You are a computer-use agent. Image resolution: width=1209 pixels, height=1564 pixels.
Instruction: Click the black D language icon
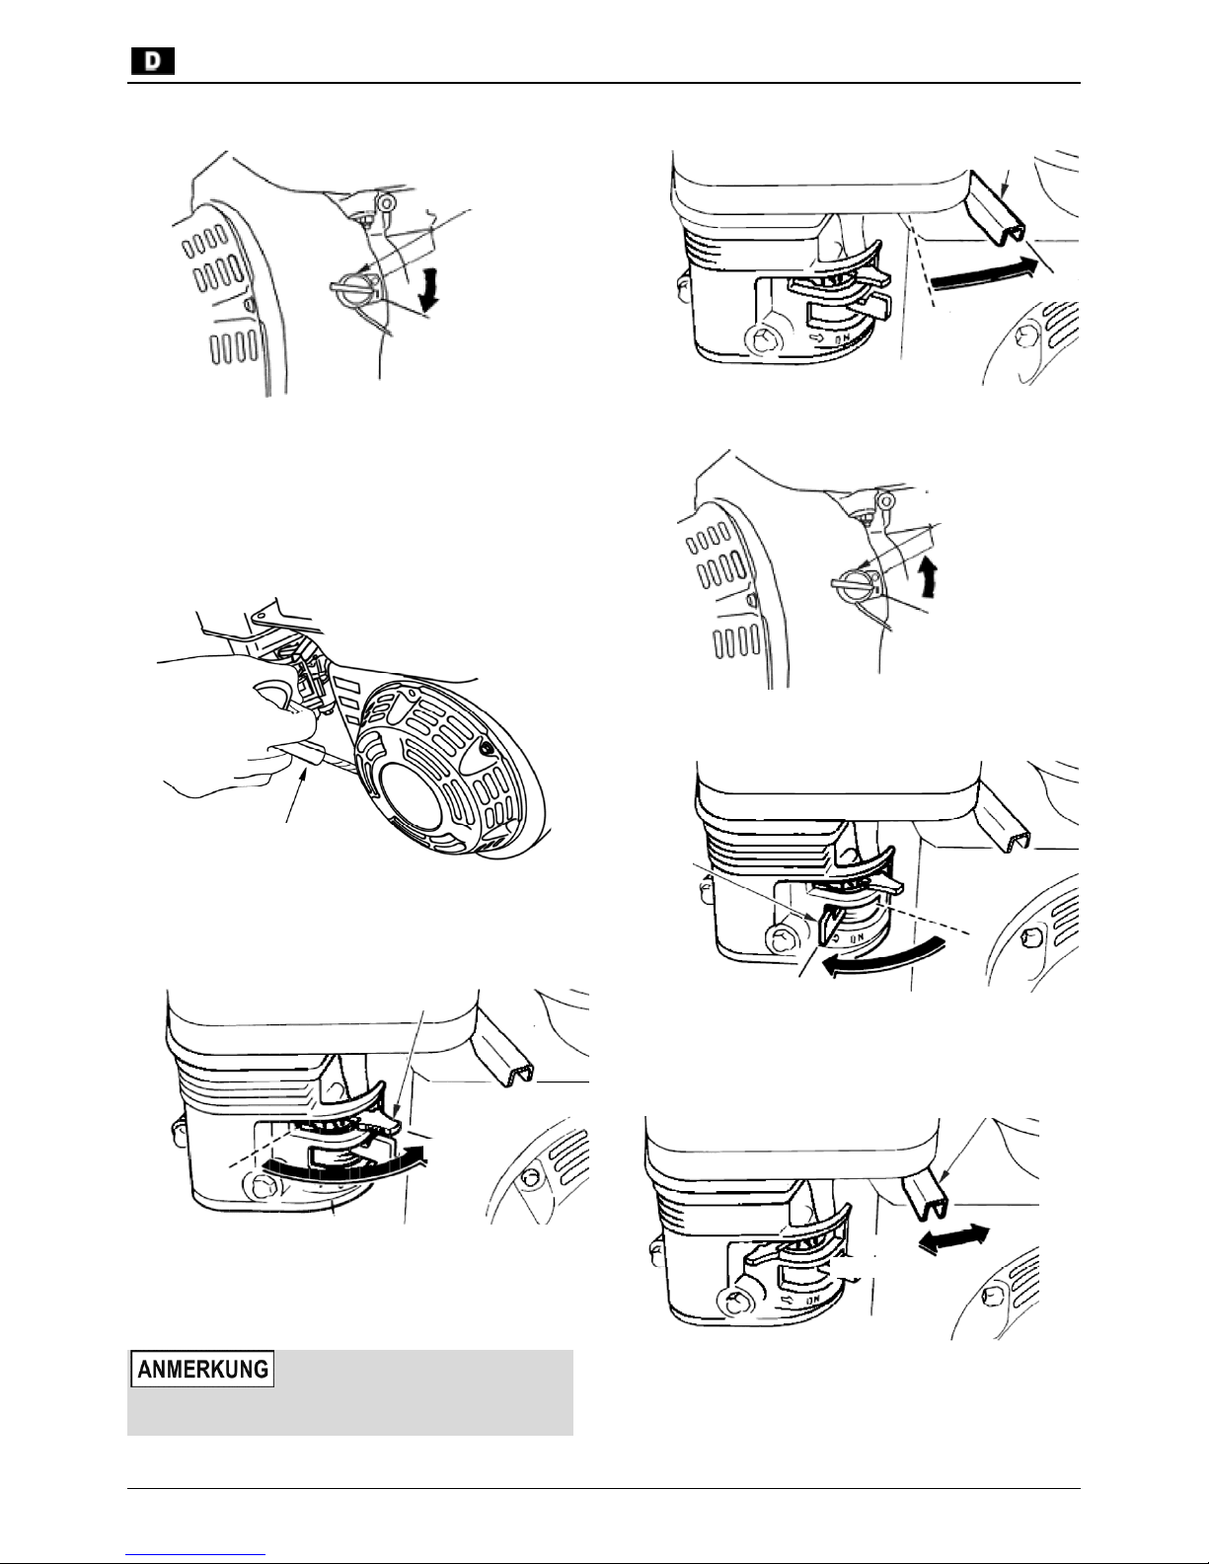click(x=154, y=62)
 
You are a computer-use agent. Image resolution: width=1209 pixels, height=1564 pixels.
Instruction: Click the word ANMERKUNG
click(x=202, y=1369)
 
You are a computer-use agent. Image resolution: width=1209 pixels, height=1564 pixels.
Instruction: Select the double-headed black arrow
click(x=955, y=1237)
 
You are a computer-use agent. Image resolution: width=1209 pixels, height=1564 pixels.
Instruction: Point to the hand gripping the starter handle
click(x=232, y=730)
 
